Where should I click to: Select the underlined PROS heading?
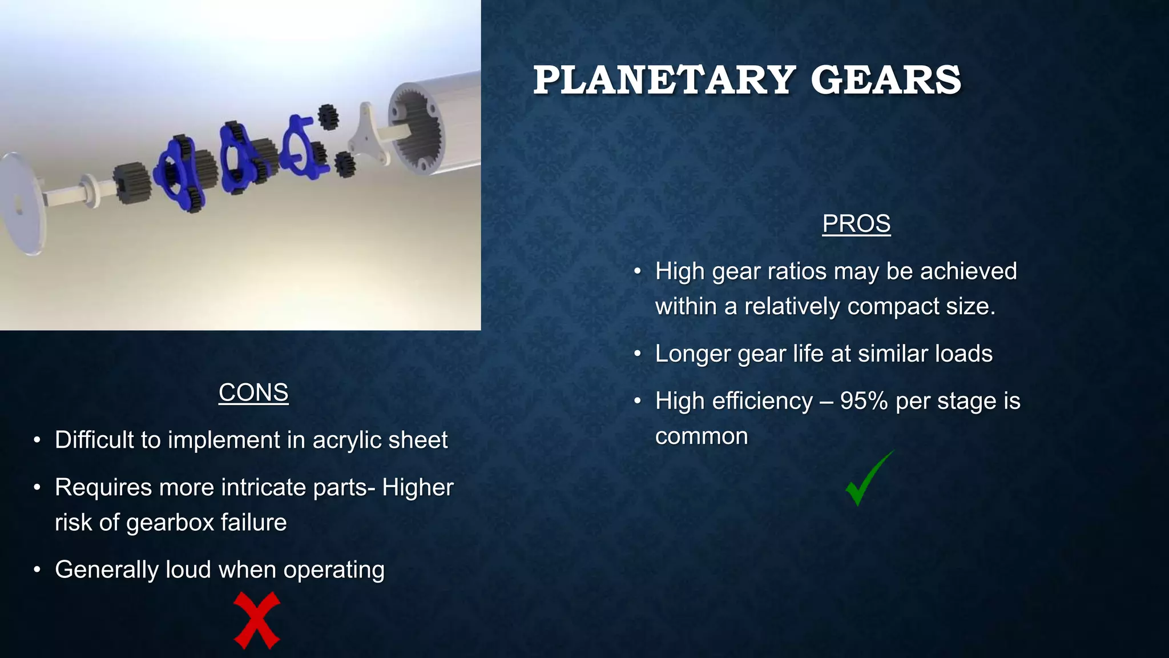pyautogui.click(x=856, y=223)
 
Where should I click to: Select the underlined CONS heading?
pyautogui.click(x=253, y=392)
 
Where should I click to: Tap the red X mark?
pyautogui.click(x=257, y=620)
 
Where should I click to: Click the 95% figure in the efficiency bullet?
pyautogui.click(x=864, y=401)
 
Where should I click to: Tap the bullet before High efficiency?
pyautogui.click(x=638, y=402)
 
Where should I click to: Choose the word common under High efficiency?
pyautogui.click(x=701, y=437)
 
